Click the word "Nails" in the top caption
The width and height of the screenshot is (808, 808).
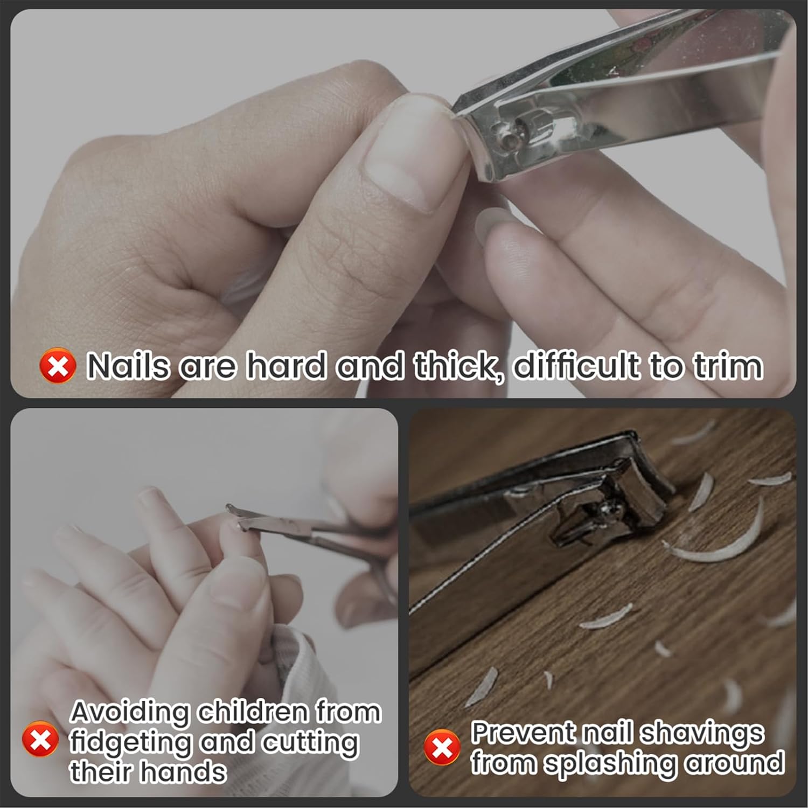click(128, 366)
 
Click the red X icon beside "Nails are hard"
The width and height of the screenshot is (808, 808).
click(58, 366)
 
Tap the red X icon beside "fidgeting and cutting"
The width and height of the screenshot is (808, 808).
click(40, 739)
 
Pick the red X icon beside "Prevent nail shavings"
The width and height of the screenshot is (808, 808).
click(442, 747)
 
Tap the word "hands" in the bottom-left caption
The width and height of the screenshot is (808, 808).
click(183, 771)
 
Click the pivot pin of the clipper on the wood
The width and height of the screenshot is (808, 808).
click(611, 506)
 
